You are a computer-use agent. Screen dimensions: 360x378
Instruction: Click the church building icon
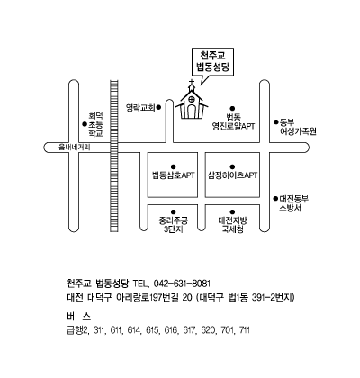[192, 101]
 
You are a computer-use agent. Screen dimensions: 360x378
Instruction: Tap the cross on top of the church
[192, 82]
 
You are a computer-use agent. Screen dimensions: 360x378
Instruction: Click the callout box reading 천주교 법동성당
[212, 62]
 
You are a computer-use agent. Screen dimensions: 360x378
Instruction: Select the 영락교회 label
[140, 107]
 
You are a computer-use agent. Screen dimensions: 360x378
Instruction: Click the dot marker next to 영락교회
[159, 107]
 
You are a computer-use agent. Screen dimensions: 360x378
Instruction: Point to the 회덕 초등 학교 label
[95, 124]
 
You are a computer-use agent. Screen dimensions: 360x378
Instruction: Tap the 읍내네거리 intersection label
[74, 148]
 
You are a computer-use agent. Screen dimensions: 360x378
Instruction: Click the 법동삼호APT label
[174, 175]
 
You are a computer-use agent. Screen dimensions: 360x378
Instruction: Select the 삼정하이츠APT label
[232, 175]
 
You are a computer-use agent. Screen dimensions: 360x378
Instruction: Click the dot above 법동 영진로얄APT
[232, 109]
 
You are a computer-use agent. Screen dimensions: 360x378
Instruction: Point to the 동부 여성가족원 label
[298, 127]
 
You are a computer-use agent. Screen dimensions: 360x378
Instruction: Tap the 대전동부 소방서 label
[293, 203]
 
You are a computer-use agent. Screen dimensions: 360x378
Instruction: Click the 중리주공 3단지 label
[174, 225]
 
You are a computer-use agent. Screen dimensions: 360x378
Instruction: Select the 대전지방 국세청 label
[232, 225]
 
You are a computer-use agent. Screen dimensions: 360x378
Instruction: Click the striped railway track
[114, 156]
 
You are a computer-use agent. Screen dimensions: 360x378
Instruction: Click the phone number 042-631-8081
[182, 283]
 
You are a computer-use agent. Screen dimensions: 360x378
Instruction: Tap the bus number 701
[227, 330]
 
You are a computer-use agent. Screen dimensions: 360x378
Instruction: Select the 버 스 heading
[78, 316]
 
